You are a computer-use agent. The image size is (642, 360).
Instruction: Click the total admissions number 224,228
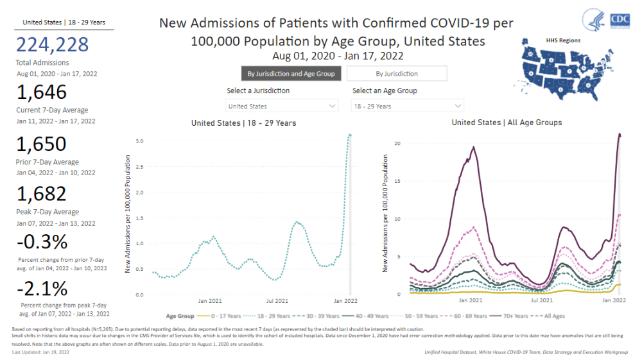[52, 46]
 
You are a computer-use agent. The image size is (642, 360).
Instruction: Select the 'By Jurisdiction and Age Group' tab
[291, 74]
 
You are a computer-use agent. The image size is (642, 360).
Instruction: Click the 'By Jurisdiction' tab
[396, 74]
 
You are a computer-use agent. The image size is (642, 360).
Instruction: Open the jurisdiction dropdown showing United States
[282, 106]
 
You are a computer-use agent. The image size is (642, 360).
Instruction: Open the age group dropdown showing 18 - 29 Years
[408, 106]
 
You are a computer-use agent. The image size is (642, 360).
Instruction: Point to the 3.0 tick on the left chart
[139, 141]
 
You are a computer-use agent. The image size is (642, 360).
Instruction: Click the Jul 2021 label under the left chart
[278, 300]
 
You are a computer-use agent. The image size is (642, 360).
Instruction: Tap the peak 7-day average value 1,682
[42, 194]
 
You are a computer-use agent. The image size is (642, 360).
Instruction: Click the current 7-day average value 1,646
[42, 92]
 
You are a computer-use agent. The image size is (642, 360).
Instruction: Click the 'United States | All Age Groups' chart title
[507, 123]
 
